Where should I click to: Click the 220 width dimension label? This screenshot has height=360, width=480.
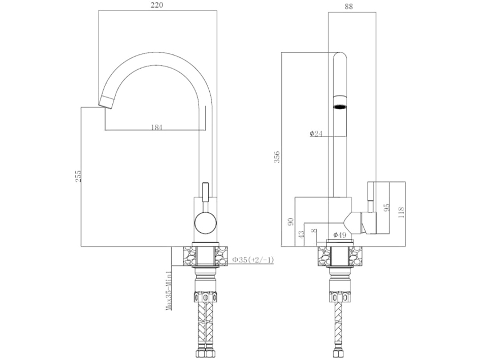[x=157, y=5]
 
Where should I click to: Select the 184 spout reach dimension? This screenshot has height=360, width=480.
[x=156, y=127]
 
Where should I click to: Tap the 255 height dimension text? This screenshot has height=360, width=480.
[x=78, y=176]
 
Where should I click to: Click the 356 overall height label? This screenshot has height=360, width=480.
[x=277, y=157]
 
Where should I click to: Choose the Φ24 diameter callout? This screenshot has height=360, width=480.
[x=316, y=134]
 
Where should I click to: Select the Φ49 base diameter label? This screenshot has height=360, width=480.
[x=339, y=235]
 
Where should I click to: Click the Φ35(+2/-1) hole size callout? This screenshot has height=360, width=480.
[x=252, y=260]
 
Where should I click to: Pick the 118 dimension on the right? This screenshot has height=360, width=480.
[x=401, y=212]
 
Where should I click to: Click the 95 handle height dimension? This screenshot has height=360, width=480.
[x=387, y=208]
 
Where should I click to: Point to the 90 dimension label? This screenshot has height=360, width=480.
[x=291, y=221]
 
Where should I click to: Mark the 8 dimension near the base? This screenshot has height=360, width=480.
[x=313, y=231]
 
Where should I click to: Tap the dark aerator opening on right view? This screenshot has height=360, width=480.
[x=340, y=107]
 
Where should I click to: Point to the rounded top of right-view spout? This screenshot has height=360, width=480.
[x=340, y=55]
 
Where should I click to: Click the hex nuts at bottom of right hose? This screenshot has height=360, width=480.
[x=340, y=354]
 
